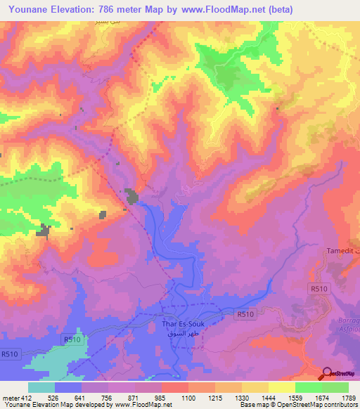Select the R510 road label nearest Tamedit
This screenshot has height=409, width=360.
(319, 287)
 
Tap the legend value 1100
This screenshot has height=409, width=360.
(188, 397)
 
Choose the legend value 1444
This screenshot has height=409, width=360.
(269, 397)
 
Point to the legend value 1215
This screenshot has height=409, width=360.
(215, 397)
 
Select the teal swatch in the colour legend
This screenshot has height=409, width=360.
(41, 387)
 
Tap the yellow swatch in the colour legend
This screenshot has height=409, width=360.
(281, 387)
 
